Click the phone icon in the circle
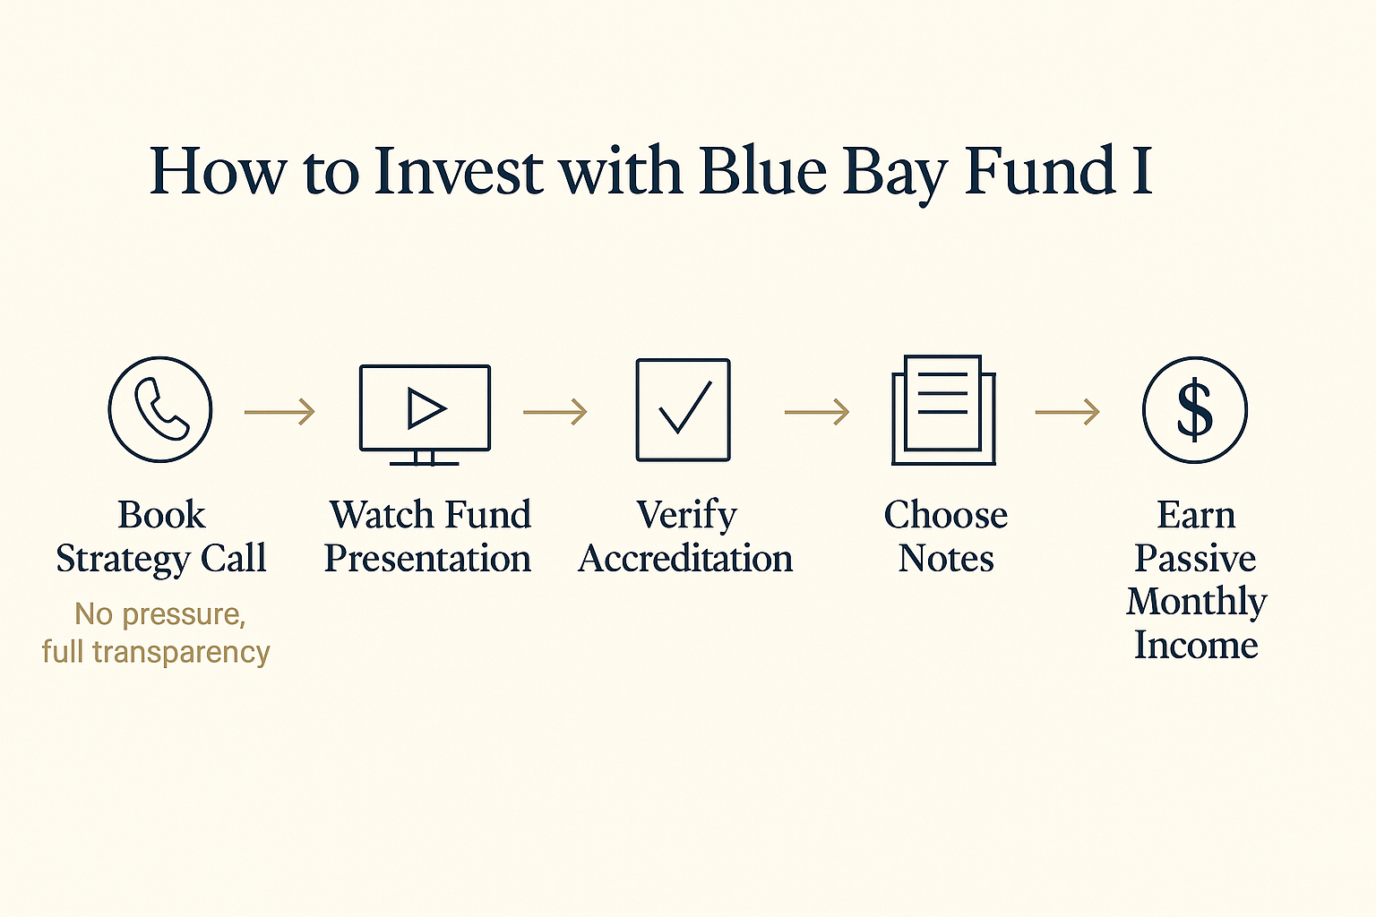(x=161, y=409)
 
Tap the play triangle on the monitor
(x=426, y=408)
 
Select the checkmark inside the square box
(x=685, y=407)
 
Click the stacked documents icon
(x=943, y=409)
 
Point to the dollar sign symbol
(x=1195, y=409)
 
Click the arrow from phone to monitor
(x=279, y=412)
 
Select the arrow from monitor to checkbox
(x=555, y=412)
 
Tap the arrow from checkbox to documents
(x=817, y=412)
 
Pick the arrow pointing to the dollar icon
(x=1068, y=412)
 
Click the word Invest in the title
(x=459, y=171)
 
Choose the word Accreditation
(x=685, y=558)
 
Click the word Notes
(x=946, y=559)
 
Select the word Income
(x=1196, y=645)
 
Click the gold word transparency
(x=181, y=653)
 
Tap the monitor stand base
(x=424, y=463)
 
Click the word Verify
(x=686, y=515)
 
